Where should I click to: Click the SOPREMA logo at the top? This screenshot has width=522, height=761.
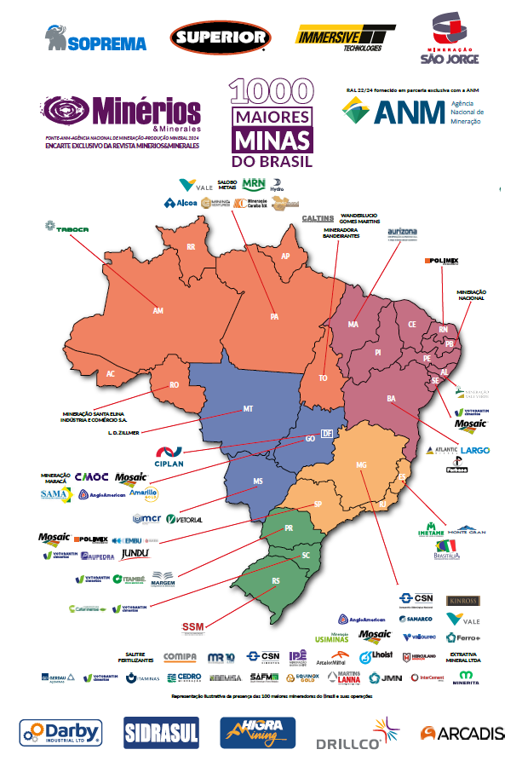(x=95, y=38)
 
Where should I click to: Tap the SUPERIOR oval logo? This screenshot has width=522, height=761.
(x=221, y=37)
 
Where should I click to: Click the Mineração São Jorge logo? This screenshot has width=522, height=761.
(x=450, y=38)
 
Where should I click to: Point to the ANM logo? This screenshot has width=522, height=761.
(x=411, y=110)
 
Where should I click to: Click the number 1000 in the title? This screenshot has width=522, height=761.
(x=270, y=92)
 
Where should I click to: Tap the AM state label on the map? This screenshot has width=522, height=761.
(x=158, y=311)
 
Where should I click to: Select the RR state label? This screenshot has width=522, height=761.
(x=191, y=247)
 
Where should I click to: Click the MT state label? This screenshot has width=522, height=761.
(x=248, y=409)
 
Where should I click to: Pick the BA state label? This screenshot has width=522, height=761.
(x=392, y=399)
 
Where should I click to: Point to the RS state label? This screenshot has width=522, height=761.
(x=275, y=581)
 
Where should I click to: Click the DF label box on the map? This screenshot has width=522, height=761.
(x=326, y=433)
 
